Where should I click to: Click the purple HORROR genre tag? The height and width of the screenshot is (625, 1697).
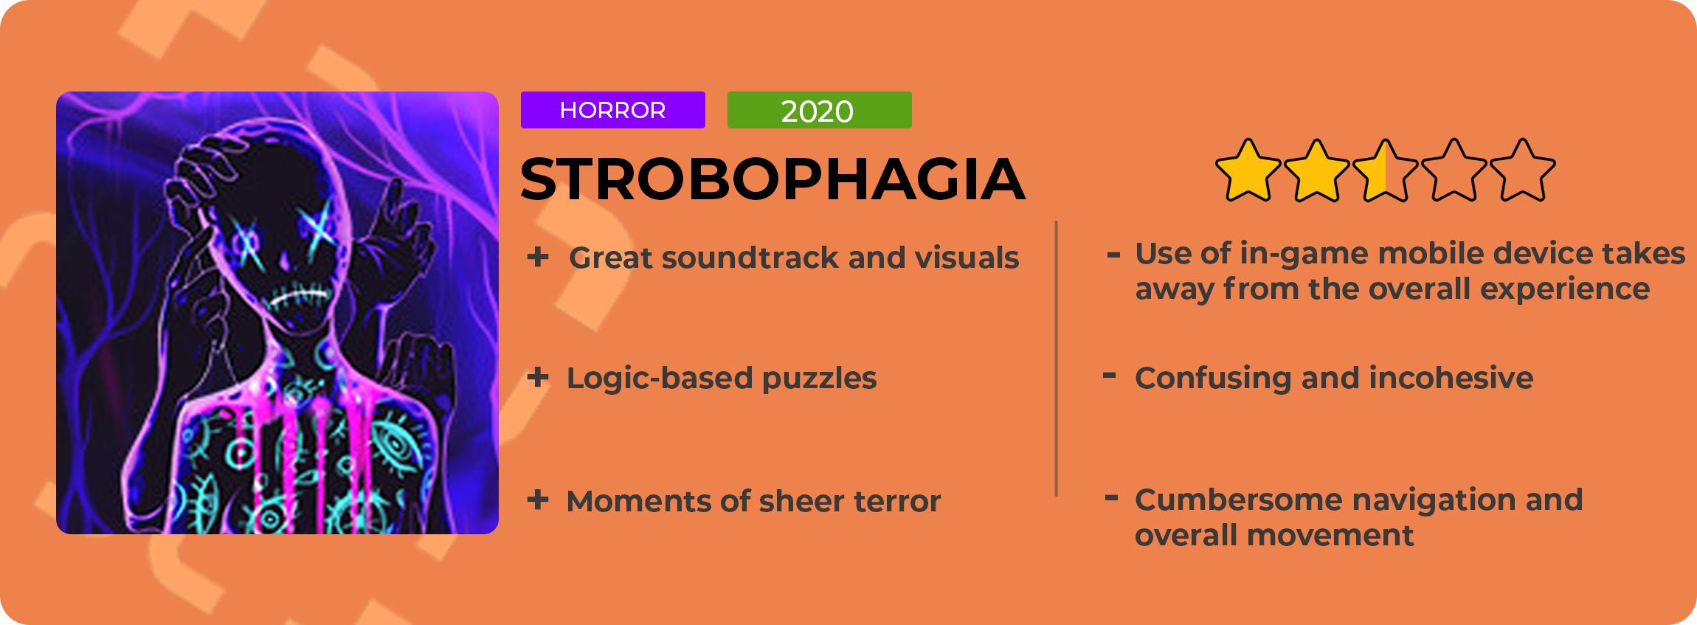(612, 110)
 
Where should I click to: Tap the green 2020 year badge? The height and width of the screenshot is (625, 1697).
(819, 110)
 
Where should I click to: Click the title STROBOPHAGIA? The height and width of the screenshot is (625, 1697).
(773, 179)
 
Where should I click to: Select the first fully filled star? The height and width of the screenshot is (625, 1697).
(1248, 170)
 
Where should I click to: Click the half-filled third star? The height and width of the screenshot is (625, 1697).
(1385, 170)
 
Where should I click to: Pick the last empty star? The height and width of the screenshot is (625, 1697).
(1522, 170)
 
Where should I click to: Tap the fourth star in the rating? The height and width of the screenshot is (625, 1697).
(1454, 170)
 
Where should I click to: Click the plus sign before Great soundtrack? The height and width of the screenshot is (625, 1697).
(538, 257)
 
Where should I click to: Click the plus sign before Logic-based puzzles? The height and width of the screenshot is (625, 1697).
(538, 378)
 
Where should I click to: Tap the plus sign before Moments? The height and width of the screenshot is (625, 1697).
(538, 500)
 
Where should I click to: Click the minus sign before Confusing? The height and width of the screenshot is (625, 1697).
(1109, 376)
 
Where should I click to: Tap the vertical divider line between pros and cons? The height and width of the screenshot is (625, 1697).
(1057, 359)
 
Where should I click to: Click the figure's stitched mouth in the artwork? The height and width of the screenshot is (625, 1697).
(299, 297)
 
